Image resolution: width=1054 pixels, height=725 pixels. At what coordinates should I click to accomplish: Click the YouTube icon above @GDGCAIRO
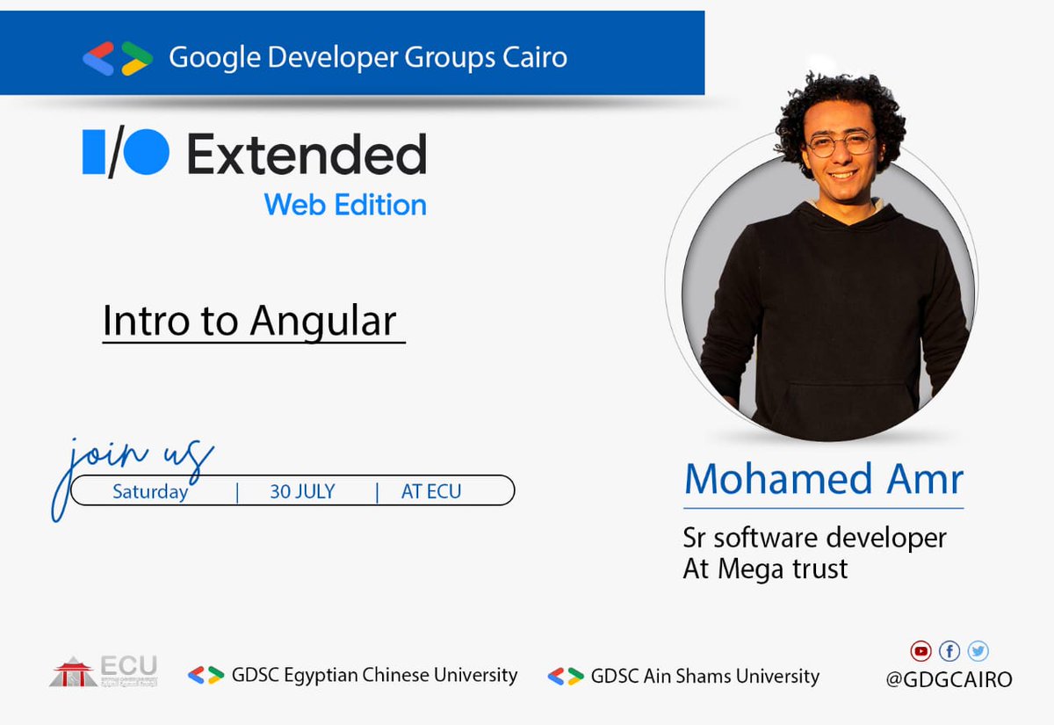[x=920, y=651]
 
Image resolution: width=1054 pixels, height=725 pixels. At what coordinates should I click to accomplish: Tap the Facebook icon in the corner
[x=949, y=651]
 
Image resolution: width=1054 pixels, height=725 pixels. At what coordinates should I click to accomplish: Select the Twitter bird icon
[x=978, y=651]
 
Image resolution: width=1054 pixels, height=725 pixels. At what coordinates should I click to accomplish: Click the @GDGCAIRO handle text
[x=949, y=679]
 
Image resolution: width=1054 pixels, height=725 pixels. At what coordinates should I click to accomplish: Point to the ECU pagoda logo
[x=74, y=673]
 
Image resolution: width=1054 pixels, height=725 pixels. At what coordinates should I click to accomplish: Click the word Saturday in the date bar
[x=150, y=491]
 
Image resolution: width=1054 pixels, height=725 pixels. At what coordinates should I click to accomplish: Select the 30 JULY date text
[x=302, y=491]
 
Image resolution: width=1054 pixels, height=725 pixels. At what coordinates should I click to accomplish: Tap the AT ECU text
[x=430, y=491]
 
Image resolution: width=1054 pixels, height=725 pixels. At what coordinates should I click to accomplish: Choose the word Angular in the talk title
[x=322, y=321]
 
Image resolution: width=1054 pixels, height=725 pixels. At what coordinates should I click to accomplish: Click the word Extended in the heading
[x=307, y=156]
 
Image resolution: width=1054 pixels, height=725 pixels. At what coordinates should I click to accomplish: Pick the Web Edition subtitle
[x=345, y=205]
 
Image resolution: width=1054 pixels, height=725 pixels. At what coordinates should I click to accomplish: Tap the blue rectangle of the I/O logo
[x=94, y=152]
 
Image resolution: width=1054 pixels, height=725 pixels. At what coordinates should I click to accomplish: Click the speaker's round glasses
[x=841, y=144]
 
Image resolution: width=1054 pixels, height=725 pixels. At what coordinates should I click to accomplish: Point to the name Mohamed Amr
[x=823, y=480]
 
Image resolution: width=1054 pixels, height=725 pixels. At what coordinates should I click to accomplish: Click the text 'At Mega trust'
[x=765, y=569]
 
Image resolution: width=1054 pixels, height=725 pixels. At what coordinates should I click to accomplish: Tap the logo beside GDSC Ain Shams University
[x=566, y=676]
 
